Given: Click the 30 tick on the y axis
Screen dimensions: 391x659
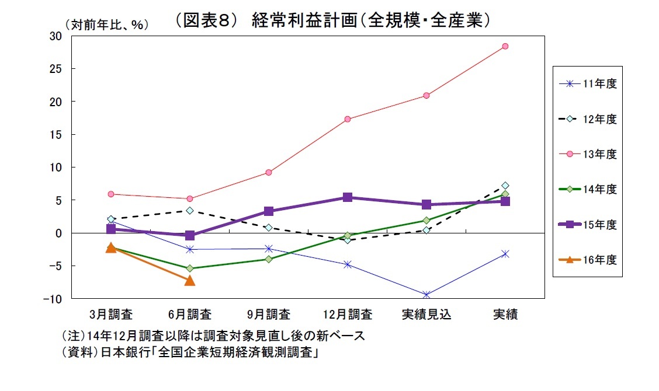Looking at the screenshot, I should click(x=55, y=36).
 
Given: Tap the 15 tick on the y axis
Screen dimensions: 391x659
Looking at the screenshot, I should click(x=55, y=135).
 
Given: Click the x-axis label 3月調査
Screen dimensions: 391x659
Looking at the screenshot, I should click(x=111, y=315).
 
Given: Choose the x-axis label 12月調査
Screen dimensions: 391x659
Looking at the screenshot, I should click(x=348, y=315).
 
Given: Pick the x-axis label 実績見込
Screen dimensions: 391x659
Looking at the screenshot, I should click(x=426, y=315).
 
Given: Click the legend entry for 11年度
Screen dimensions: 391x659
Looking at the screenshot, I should click(x=587, y=83).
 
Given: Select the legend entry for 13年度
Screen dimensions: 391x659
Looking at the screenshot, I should click(x=587, y=154).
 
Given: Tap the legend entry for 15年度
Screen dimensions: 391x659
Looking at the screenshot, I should click(x=587, y=225).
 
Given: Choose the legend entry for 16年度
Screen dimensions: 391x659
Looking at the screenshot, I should click(x=587, y=260).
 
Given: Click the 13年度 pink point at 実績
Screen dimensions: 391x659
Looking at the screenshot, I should click(x=505, y=46).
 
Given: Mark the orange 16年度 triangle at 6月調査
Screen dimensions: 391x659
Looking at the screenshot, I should click(x=190, y=281).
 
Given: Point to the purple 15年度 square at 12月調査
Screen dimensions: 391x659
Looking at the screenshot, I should click(x=348, y=197).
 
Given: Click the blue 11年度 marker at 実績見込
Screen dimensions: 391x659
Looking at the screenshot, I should click(x=426, y=295).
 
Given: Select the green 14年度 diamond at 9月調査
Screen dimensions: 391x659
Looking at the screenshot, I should click(x=269, y=259).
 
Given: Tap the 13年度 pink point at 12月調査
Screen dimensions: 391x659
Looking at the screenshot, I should click(x=348, y=119).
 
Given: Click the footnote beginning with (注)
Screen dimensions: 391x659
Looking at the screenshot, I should click(x=213, y=337).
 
